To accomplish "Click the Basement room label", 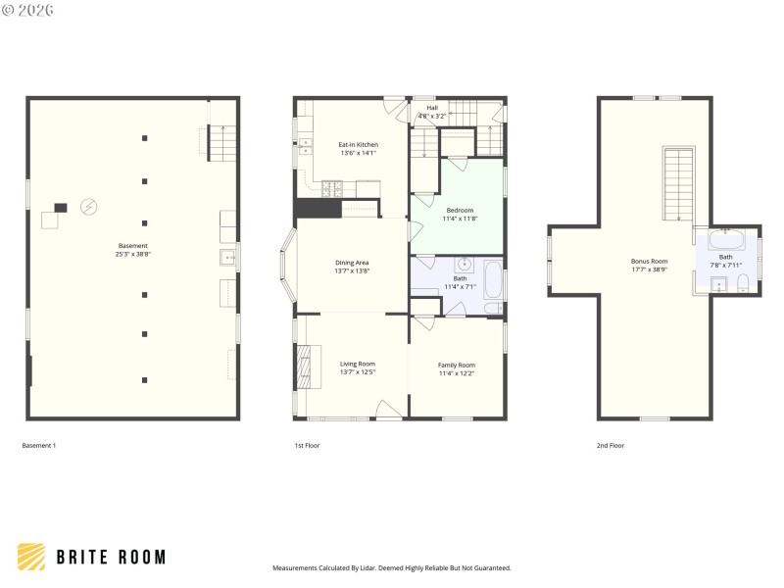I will (x=133, y=246).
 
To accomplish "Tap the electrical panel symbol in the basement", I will (x=88, y=207).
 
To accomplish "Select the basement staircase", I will (x=222, y=143).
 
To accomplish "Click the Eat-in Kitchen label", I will (x=358, y=145).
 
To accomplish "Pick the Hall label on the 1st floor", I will (x=431, y=108).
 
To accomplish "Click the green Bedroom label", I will (x=460, y=210).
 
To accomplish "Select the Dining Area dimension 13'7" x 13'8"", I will (x=352, y=270).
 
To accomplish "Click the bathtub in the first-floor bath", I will (x=492, y=278).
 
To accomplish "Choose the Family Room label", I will (x=456, y=365).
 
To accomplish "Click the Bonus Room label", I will (x=649, y=261).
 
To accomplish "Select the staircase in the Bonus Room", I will (x=678, y=183).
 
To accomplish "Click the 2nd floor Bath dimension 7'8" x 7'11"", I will (x=725, y=265).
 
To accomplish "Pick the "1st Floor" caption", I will (x=307, y=446).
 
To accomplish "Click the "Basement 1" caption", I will (x=39, y=446).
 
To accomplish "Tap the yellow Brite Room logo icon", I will (x=31, y=557).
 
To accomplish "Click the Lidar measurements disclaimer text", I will (x=391, y=567).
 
